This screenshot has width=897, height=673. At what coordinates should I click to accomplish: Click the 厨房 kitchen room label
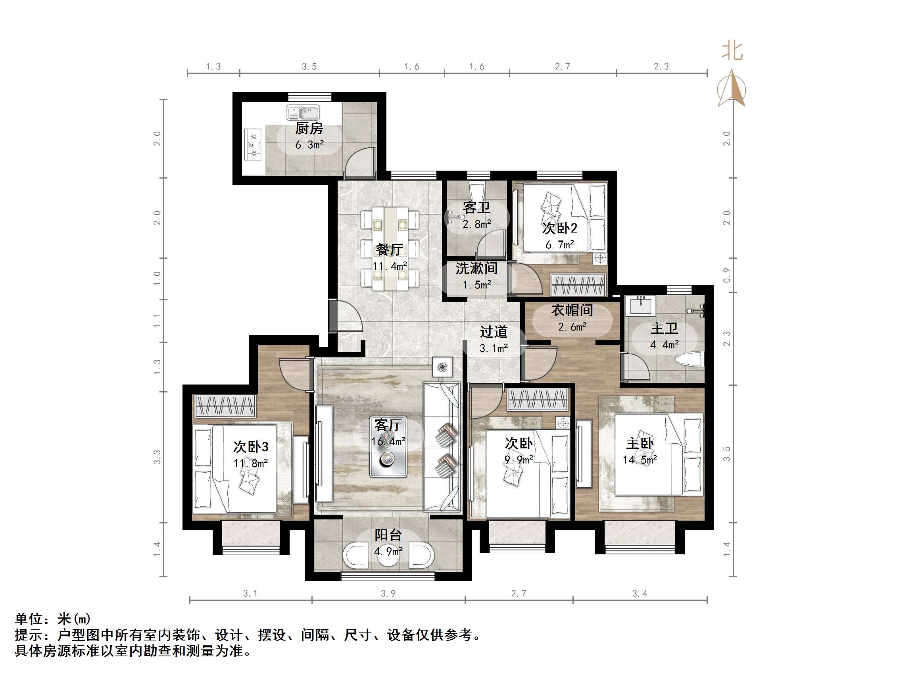click(x=309, y=129)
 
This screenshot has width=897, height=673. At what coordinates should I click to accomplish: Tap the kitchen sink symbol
click(x=303, y=112)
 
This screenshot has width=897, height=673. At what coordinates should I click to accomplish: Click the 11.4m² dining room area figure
click(x=390, y=266)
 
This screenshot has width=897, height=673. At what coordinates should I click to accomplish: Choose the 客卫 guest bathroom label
click(x=476, y=208)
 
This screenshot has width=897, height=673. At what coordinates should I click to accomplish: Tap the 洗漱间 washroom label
click(x=476, y=268)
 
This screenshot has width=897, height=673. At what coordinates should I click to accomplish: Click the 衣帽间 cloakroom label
click(x=572, y=310)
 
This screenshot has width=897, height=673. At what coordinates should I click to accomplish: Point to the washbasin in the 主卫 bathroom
click(x=641, y=305)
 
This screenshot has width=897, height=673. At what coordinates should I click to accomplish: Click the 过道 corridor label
click(x=494, y=332)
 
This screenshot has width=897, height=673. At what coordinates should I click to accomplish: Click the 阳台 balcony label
click(x=388, y=535)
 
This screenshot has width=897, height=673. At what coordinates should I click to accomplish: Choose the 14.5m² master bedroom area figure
click(x=640, y=460)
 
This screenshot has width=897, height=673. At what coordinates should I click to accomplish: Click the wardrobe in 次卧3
click(x=225, y=405)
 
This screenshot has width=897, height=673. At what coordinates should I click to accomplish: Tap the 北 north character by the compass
click(x=732, y=52)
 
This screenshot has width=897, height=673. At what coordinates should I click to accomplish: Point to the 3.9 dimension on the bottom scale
click(x=388, y=594)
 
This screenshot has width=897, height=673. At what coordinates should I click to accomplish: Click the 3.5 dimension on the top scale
click(x=309, y=67)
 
